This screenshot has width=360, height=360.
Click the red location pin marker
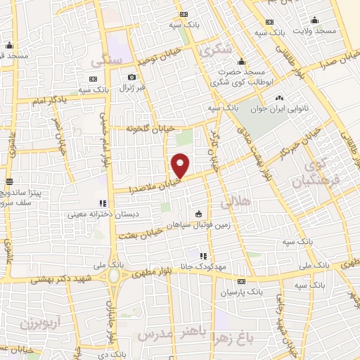pyautogui.click(x=181, y=165)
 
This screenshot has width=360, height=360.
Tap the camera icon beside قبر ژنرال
pyautogui.click(x=131, y=77)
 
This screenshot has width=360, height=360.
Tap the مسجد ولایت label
pyautogui.click(x=314, y=31)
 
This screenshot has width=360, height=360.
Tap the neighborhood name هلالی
pyautogui.click(x=236, y=202)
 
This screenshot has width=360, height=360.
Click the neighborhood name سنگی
pyautogui.click(x=107, y=61)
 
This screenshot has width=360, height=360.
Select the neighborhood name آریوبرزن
pyautogui.click(x=32, y=325)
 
